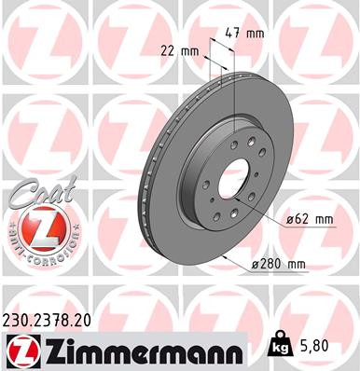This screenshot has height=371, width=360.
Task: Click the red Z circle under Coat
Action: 35,227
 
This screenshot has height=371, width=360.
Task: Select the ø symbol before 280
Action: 256,265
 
